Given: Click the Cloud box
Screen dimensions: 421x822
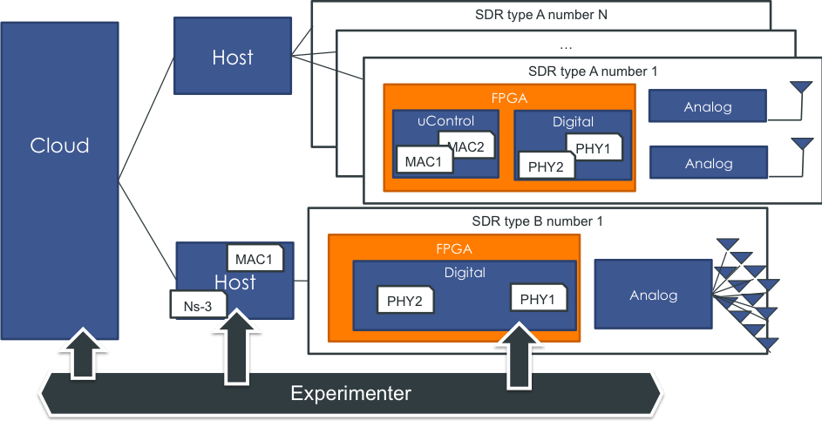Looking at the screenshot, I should coord(60,146).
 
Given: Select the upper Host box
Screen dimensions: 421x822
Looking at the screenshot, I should coord(232,58).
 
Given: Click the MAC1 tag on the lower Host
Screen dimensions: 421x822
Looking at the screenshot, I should coord(255,259).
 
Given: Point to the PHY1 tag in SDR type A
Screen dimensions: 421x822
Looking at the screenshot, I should coord(594,147).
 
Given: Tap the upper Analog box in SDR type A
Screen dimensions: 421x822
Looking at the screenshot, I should coord(708,107).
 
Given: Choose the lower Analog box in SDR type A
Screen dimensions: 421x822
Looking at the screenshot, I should coord(708,163).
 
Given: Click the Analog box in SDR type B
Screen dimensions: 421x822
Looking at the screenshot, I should coord(654,295).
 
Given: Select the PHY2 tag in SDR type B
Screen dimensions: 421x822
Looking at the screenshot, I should coord(405,300).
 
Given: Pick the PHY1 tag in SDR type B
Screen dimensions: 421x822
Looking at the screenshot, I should coord(537,299).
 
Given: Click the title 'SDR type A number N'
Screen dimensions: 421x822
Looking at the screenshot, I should coord(540,14).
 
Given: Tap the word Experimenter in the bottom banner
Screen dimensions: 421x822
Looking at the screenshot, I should coord(350,393).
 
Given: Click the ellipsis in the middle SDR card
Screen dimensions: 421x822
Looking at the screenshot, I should coord(565,44).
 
